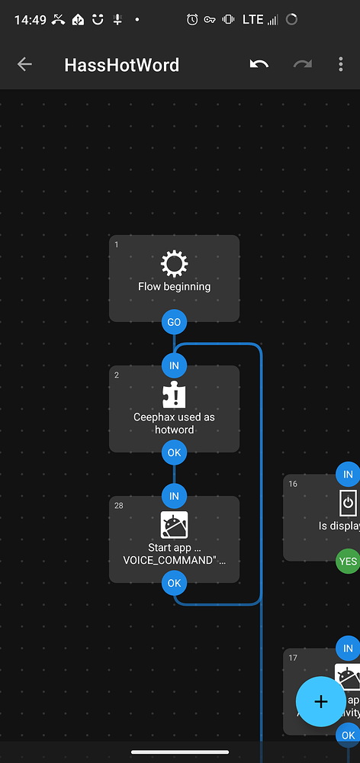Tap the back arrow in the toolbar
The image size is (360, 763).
[x=24, y=65]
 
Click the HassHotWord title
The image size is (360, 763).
[x=122, y=65]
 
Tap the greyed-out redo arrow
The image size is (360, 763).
[x=303, y=65]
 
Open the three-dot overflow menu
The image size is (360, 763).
[x=341, y=65]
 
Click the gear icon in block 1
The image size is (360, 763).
[x=174, y=264]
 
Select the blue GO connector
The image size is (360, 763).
[x=174, y=322]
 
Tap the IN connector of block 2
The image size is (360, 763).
[x=174, y=365]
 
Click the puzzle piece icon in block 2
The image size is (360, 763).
[x=174, y=395]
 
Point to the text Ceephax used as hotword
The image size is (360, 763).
[x=174, y=423]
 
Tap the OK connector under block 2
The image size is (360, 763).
[x=174, y=452]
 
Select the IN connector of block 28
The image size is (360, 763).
[x=174, y=496]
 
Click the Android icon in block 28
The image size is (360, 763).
[x=174, y=526]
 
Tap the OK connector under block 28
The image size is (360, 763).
[x=174, y=583]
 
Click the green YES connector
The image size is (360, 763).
[x=348, y=561]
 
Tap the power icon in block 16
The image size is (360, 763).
[x=348, y=503]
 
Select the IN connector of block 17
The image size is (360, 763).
[x=348, y=649]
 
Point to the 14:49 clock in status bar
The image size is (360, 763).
[x=29, y=20]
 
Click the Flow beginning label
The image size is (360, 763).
[x=174, y=287]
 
